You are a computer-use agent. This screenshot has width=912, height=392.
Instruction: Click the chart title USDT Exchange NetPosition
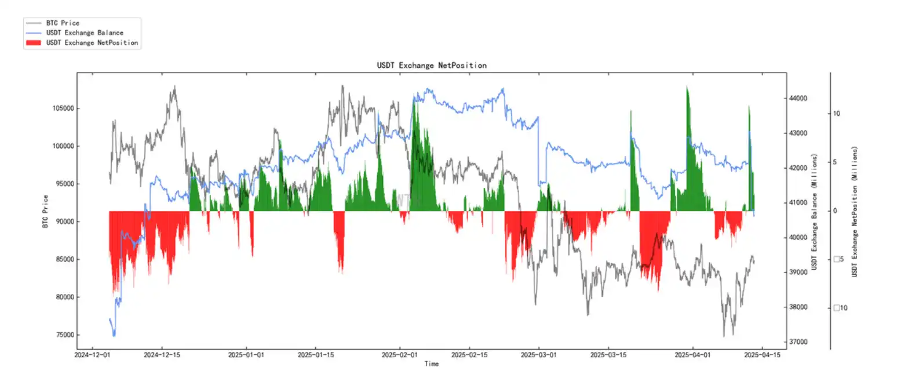click(x=432, y=66)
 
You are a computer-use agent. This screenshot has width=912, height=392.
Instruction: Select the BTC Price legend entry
click(x=63, y=23)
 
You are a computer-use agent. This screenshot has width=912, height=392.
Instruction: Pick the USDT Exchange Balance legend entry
click(x=85, y=33)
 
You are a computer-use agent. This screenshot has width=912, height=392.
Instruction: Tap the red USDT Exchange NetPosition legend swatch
click(x=34, y=43)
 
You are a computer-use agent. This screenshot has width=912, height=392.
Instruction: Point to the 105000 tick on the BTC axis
click(x=63, y=108)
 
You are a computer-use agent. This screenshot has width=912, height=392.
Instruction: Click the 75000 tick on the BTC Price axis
click(x=65, y=335)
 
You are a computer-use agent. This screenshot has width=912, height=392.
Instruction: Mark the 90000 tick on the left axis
click(x=65, y=222)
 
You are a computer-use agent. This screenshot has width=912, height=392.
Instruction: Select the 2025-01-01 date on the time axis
click(x=246, y=355)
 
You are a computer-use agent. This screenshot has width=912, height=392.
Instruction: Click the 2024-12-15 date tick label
click(x=162, y=355)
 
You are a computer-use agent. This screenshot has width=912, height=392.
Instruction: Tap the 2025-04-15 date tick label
click(x=762, y=355)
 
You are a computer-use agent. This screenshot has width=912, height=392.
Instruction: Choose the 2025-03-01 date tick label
click(x=538, y=355)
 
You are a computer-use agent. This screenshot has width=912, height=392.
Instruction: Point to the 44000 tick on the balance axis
click(x=798, y=99)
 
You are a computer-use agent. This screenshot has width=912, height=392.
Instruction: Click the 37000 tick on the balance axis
click(x=798, y=342)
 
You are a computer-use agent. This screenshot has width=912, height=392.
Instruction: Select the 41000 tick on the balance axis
click(x=798, y=203)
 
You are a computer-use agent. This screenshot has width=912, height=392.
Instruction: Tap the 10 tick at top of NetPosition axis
click(x=836, y=114)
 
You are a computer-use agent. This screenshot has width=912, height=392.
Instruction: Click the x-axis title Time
click(x=432, y=364)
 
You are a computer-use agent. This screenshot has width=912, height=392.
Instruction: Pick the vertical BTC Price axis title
click(x=45, y=211)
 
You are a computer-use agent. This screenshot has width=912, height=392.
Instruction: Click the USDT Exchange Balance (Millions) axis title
click(x=814, y=211)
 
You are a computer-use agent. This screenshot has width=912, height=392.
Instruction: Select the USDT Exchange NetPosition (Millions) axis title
click(x=854, y=211)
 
